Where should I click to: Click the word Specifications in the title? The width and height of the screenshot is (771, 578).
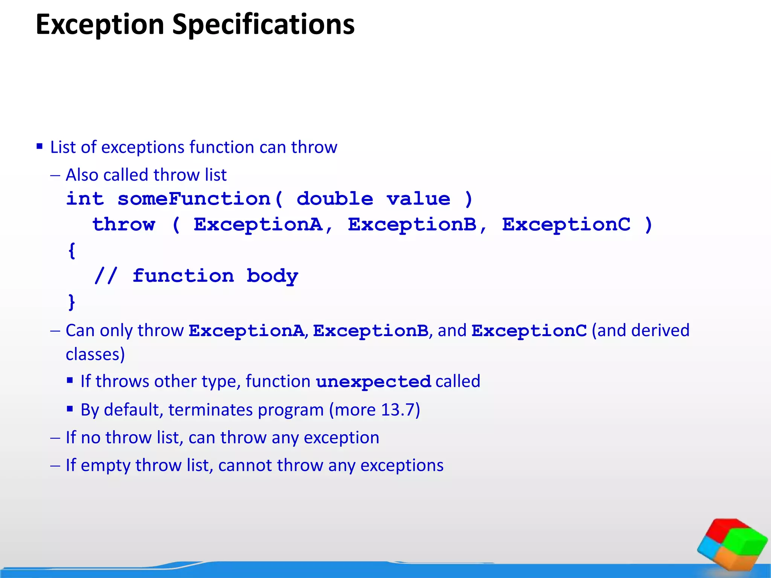point(263,24)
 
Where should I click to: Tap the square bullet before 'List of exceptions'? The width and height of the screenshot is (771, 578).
point(40,146)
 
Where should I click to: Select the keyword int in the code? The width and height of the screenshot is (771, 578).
point(85,199)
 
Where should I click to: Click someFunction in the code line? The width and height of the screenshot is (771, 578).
point(194,199)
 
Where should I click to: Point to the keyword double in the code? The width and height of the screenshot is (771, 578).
point(335,199)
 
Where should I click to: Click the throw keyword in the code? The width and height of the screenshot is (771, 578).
point(124,225)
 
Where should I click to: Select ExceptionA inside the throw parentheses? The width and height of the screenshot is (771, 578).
point(258,225)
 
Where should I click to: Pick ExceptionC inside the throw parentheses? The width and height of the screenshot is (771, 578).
point(566,225)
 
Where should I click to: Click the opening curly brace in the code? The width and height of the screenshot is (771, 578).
point(72,250)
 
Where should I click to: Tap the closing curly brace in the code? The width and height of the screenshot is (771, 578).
point(72,302)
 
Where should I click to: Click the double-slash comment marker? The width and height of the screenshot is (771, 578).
point(106,276)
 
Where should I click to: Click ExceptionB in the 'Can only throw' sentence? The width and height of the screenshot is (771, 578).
point(370,331)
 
